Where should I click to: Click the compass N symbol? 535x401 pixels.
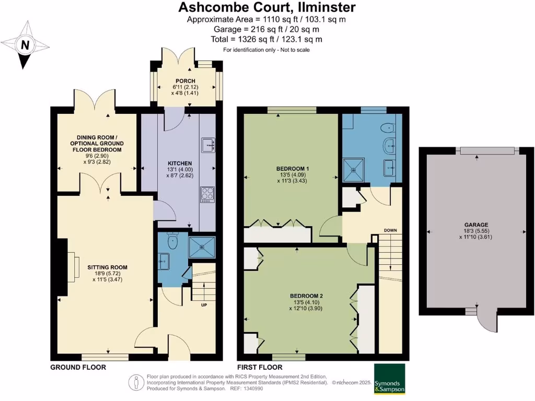(x=24, y=45)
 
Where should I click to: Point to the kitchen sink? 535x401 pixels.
(x=207, y=145)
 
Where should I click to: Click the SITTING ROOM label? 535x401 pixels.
(x=108, y=267)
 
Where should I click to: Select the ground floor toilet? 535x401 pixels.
(x=171, y=240)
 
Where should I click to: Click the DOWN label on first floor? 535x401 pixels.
(x=391, y=230)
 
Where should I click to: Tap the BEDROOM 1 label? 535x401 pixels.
(x=293, y=169)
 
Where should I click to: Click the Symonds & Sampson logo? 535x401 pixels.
(x=389, y=379)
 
